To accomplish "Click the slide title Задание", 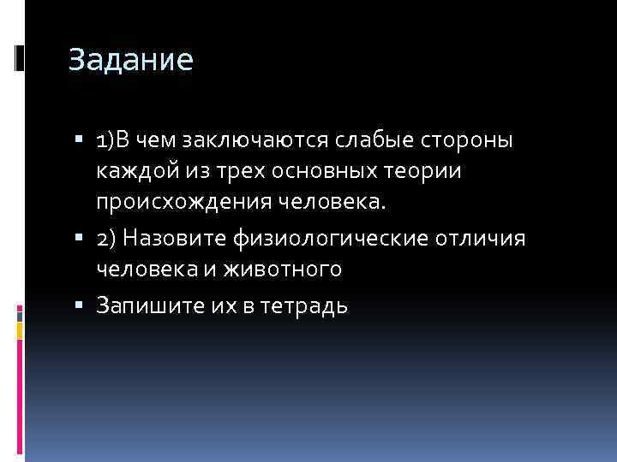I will (131, 60).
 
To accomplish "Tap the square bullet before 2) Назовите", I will (79, 238).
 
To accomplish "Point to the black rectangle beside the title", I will (20, 58).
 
